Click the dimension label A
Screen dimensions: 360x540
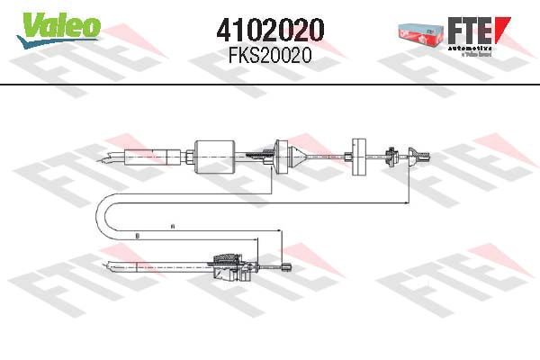pos(172,226)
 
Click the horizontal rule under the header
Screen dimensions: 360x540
pos(270,84)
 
